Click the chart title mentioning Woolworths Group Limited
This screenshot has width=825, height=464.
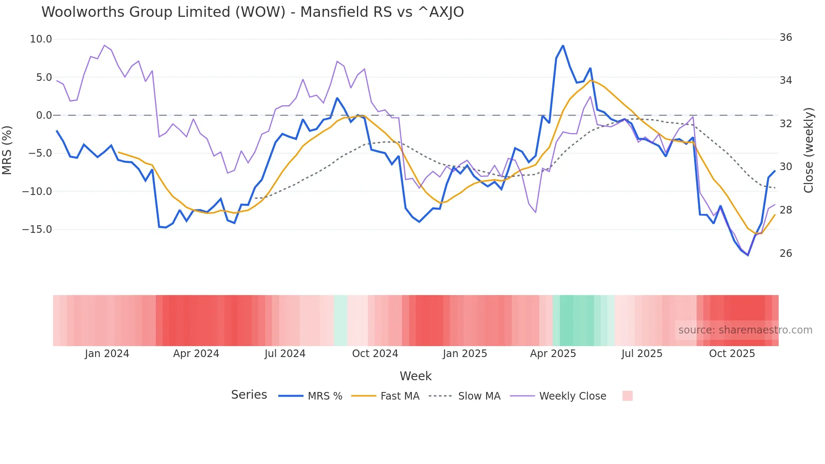click(x=253, y=12)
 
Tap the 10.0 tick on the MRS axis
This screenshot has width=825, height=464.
click(x=41, y=39)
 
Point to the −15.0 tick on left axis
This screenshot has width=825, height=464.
click(x=37, y=229)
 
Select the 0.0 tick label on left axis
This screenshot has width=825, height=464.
click(x=44, y=115)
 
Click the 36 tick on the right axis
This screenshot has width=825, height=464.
click(x=785, y=37)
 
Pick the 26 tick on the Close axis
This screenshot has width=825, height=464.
click(x=785, y=253)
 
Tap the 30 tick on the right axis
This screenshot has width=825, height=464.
click(x=785, y=167)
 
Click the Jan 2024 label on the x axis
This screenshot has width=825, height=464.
click(x=107, y=354)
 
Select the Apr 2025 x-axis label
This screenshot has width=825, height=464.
click(x=553, y=354)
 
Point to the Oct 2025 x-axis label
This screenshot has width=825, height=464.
click(x=732, y=354)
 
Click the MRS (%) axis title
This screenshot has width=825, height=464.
click(x=7, y=150)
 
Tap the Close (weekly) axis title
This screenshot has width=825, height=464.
click(x=808, y=150)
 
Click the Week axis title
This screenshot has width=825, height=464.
click(x=415, y=376)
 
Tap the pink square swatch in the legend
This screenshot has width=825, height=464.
click(x=627, y=396)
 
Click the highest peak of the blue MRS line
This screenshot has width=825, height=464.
click(x=563, y=45)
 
